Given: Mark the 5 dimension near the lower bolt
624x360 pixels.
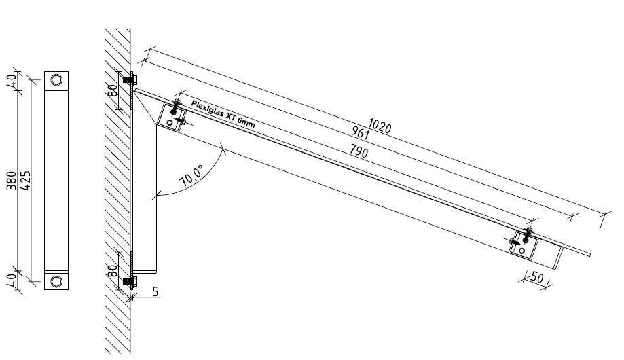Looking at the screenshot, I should [155, 293].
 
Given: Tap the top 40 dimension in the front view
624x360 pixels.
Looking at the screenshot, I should [12, 80].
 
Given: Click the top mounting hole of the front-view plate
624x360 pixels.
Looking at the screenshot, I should [56, 81].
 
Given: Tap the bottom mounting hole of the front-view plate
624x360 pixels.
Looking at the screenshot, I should [56, 281].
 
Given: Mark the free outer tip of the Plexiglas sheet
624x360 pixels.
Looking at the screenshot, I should [590, 255].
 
